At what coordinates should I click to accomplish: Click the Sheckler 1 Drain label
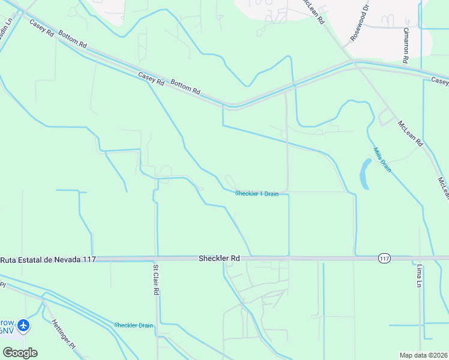coord(256,194)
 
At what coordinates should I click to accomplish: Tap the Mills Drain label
coord(382,160)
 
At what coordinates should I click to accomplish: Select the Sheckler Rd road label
coord(219,258)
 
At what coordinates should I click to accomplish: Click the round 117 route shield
coord(384,258)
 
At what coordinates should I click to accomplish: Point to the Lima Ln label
coord(418,274)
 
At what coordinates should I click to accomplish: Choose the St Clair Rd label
coord(156,280)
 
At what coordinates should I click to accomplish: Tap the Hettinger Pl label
coord(63,338)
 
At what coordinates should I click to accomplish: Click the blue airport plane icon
coord(23,326)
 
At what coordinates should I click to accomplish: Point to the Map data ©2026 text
coord(423,355)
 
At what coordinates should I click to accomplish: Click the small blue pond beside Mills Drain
coord(365,174)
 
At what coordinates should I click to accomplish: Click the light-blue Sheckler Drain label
coord(133,325)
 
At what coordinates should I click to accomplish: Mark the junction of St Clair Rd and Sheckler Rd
coord(157,259)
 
